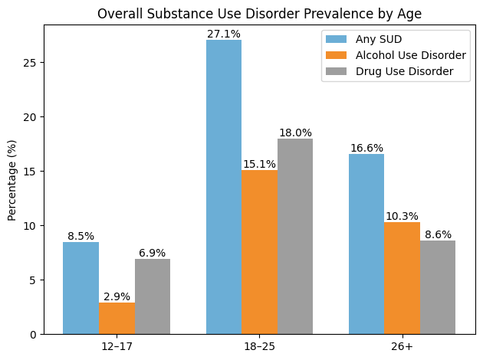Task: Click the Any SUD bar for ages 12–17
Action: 80,288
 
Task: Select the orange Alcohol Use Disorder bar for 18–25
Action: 259,252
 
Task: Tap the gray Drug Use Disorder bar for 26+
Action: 438,287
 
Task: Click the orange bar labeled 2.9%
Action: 117,318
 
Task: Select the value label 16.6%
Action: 366,148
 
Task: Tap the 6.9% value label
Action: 152,253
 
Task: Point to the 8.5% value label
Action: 80,236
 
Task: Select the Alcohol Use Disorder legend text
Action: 410,55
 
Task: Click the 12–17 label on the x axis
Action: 117,347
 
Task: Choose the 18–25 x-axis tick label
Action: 259,347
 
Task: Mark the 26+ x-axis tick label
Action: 402,347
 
